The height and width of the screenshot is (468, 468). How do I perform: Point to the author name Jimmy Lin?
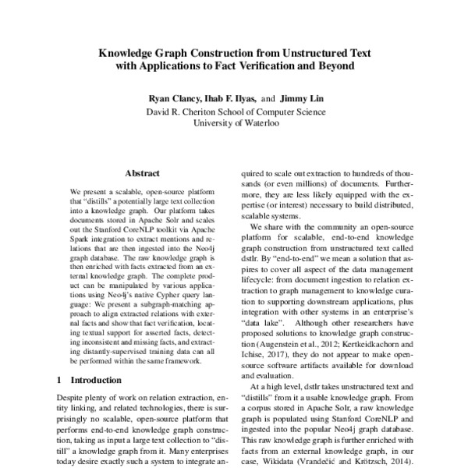(x=300, y=99)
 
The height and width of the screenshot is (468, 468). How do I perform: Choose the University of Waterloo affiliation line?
(x=235, y=123)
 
